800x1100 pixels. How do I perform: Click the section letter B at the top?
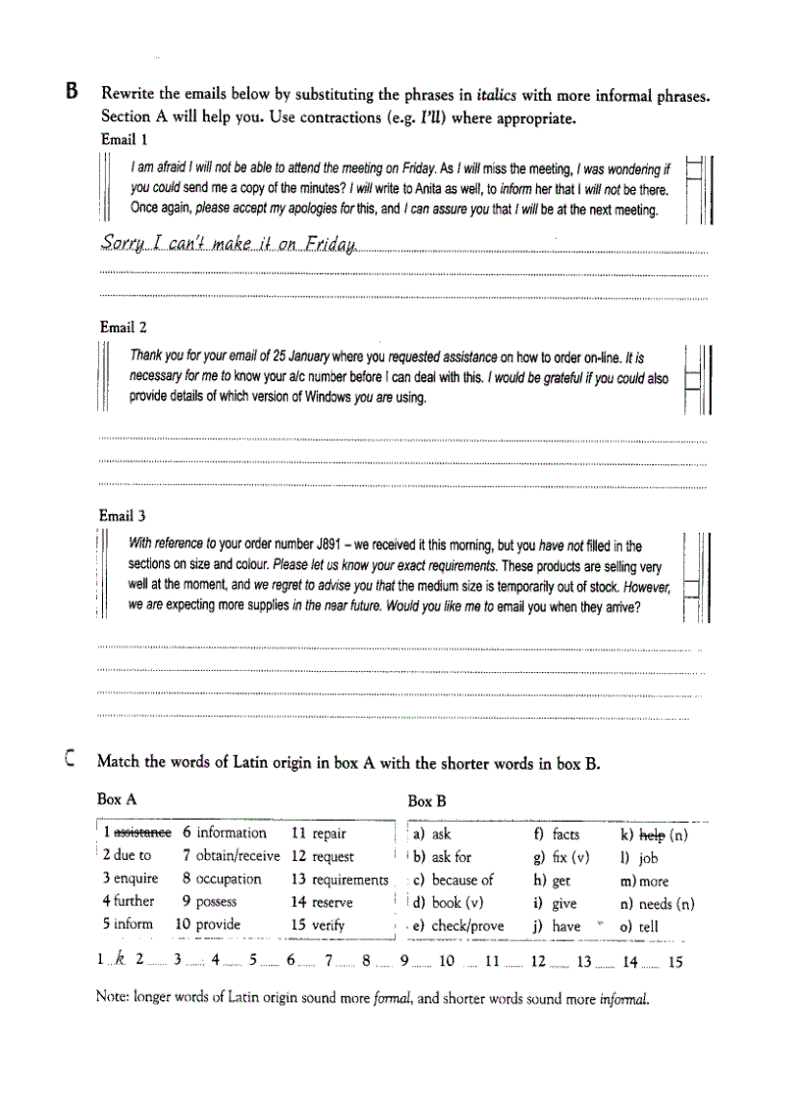click(x=71, y=93)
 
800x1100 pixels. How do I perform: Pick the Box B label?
click(x=427, y=801)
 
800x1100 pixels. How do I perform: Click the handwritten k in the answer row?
click(x=120, y=962)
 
